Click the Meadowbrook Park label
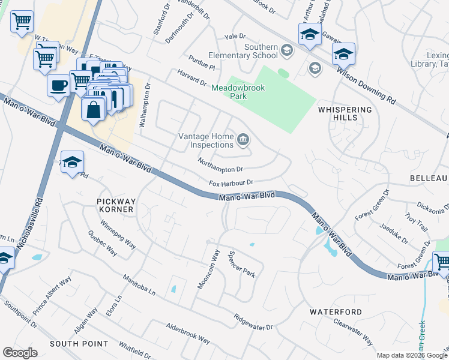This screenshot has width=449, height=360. point(238,92)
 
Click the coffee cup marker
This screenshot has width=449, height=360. point(58,85)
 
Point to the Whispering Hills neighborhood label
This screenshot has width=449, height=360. point(345,114)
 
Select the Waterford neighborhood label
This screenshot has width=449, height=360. point(336,312)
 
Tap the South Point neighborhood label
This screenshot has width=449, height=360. point(79,344)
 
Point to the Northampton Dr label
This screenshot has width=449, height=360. point(220,166)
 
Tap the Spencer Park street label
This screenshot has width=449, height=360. point(241,264)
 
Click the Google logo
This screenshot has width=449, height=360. point(20,352)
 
